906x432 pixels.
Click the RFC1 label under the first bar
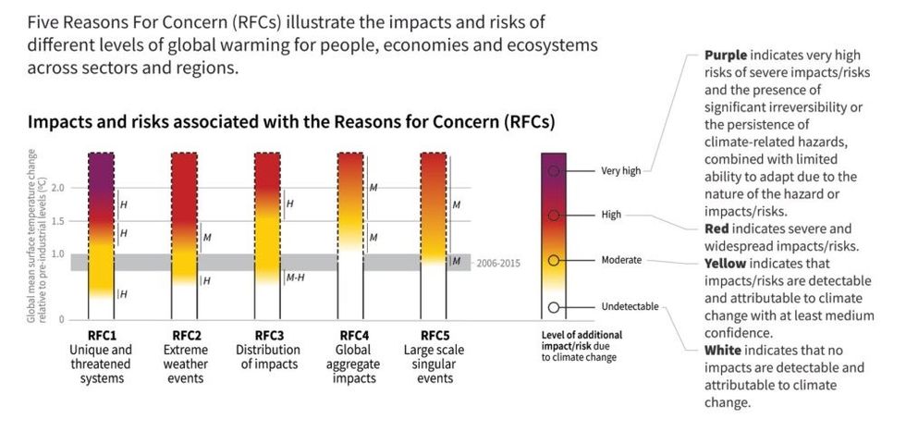click(101, 335)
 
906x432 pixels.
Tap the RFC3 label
click(267, 335)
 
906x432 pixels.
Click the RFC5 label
click(434, 335)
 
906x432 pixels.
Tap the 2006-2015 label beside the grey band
click(498, 263)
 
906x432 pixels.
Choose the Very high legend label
click(620, 171)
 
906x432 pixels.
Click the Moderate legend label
click(621, 260)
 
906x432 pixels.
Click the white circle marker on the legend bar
click(553, 307)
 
